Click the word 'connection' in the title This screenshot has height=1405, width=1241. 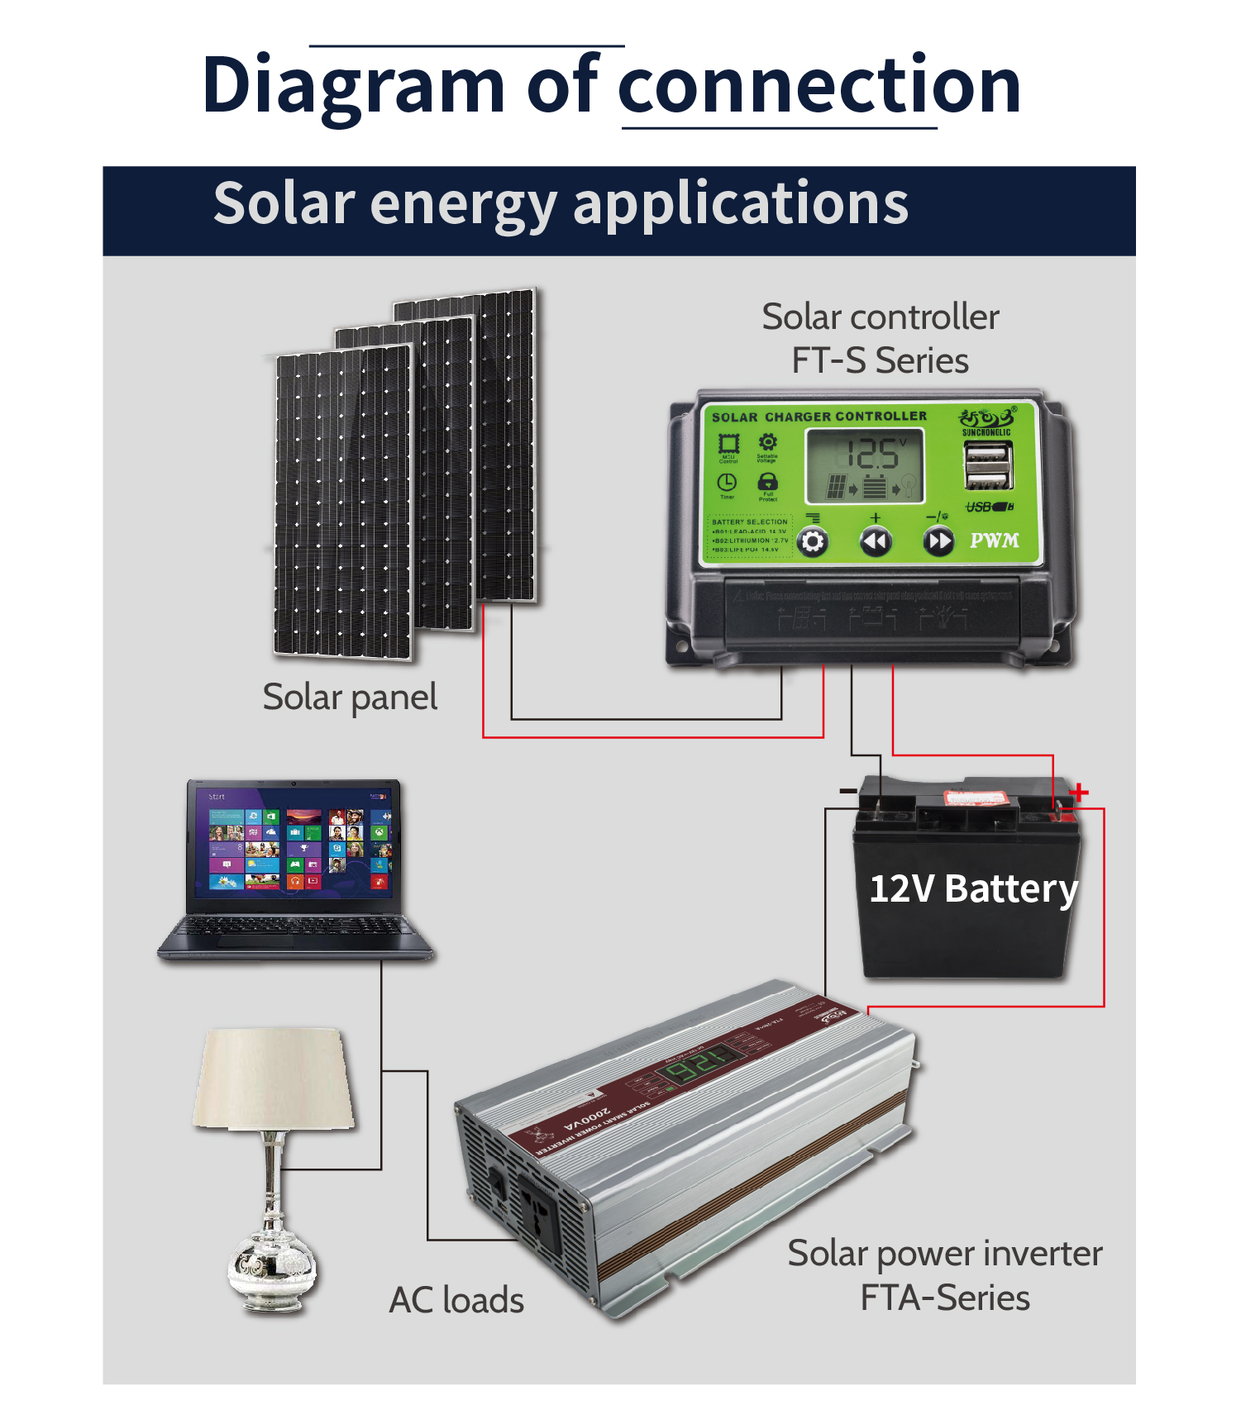[x=819, y=86]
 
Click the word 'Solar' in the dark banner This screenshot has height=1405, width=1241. [x=284, y=203]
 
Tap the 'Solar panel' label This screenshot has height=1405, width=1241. [x=350, y=698]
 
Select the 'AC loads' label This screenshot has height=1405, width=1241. [x=456, y=1300]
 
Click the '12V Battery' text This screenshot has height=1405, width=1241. [x=973, y=889]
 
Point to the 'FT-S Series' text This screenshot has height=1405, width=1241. [x=880, y=361]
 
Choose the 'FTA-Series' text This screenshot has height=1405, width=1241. [x=945, y=1298]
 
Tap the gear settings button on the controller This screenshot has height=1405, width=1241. [x=813, y=542]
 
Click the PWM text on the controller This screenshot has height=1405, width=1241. [x=994, y=541]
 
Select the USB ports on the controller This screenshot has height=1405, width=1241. [x=988, y=465]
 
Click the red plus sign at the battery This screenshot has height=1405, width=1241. [x=1078, y=793]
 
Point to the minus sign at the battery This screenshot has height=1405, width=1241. [x=847, y=792]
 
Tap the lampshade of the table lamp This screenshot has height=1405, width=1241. [x=274, y=1079]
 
